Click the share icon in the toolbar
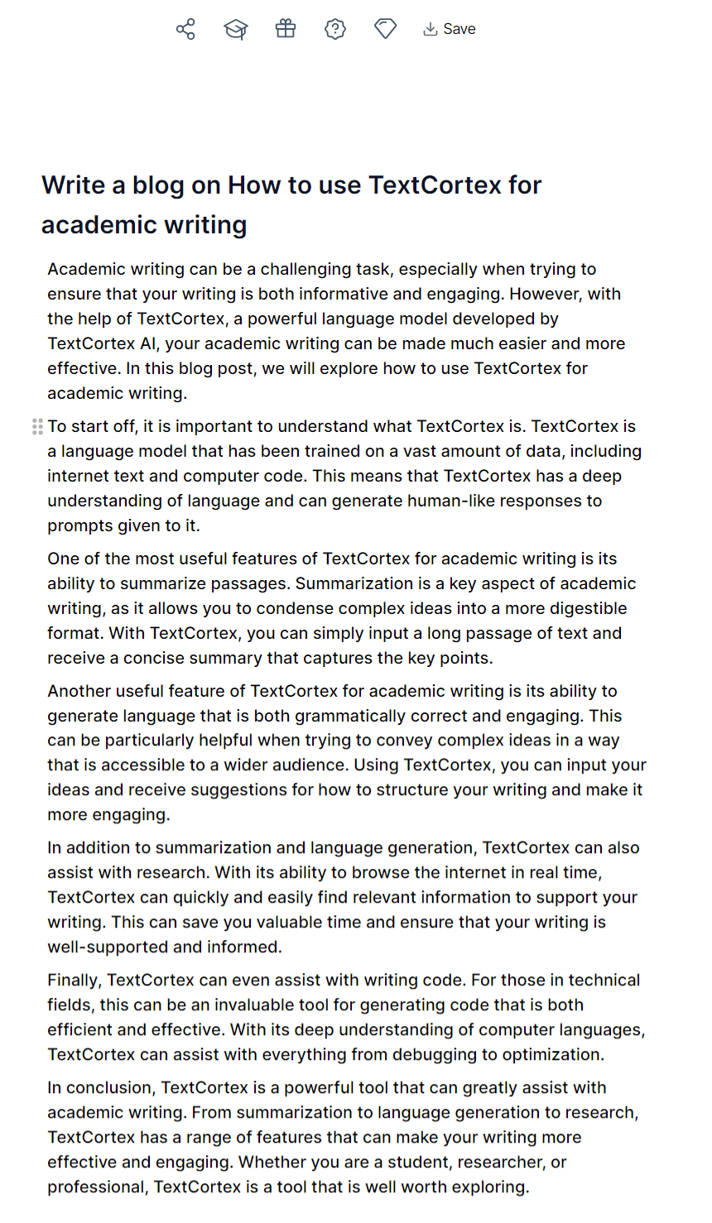(x=185, y=29)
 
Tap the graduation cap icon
(x=236, y=29)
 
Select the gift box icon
(x=286, y=29)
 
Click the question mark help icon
(x=335, y=29)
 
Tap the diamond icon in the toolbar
(x=385, y=29)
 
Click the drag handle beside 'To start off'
(x=37, y=426)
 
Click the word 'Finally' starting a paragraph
(x=74, y=980)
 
